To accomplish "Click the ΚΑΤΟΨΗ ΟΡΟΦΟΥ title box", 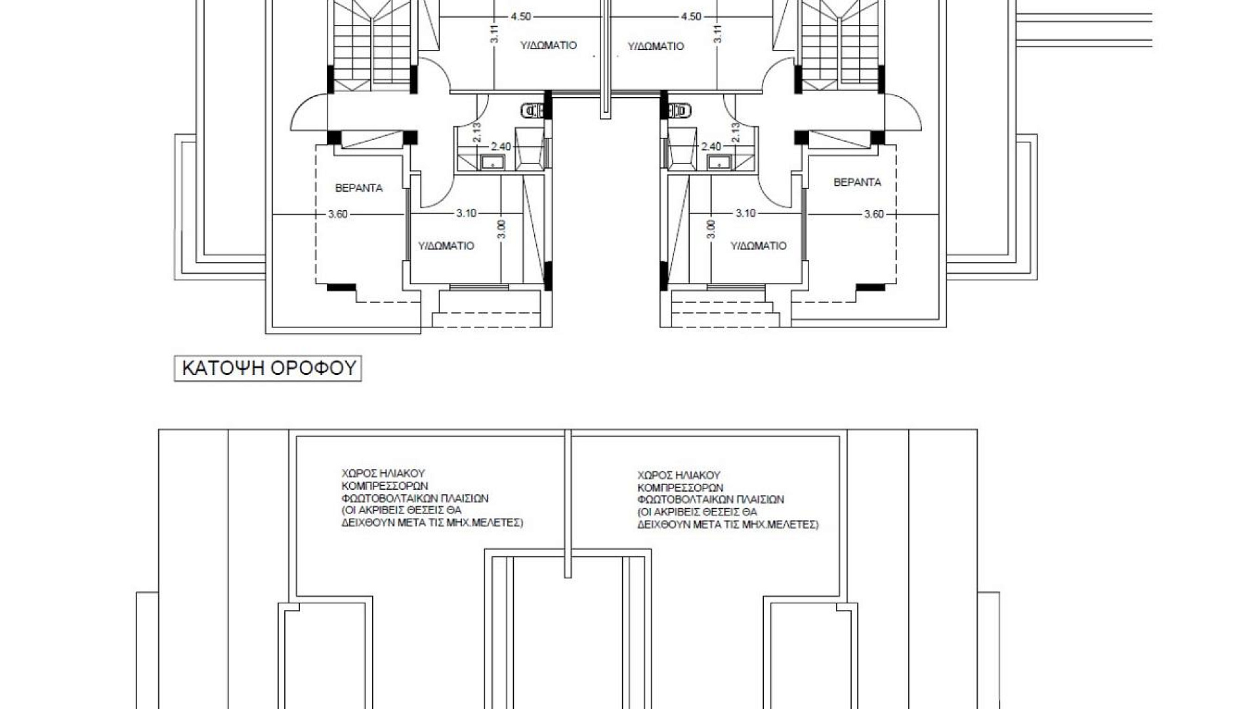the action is click(268, 368).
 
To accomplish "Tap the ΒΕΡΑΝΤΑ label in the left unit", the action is click(359, 188).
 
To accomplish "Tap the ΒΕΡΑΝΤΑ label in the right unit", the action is click(857, 183).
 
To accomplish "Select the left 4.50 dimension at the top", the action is click(520, 16).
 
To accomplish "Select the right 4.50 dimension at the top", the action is click(691, 16).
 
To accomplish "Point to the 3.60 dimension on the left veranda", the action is click(338, 214).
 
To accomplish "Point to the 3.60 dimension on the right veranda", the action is click(874, 214).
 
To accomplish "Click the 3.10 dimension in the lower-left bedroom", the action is click(467, 213).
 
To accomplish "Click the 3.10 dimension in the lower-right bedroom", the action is click(745, 213).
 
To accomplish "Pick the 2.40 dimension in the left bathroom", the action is click(501, 147).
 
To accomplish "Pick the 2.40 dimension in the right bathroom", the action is click(711, 147).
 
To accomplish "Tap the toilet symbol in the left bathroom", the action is click(532, 110).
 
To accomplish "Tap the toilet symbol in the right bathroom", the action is click(680, 110).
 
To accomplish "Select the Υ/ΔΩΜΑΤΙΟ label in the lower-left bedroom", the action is click(446, 246).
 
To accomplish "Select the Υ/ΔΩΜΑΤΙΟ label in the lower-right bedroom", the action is click(759, 246).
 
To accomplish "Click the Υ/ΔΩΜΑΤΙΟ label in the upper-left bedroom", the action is click(549, 45).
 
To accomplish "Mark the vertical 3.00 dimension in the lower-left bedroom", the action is click(502, 229).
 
